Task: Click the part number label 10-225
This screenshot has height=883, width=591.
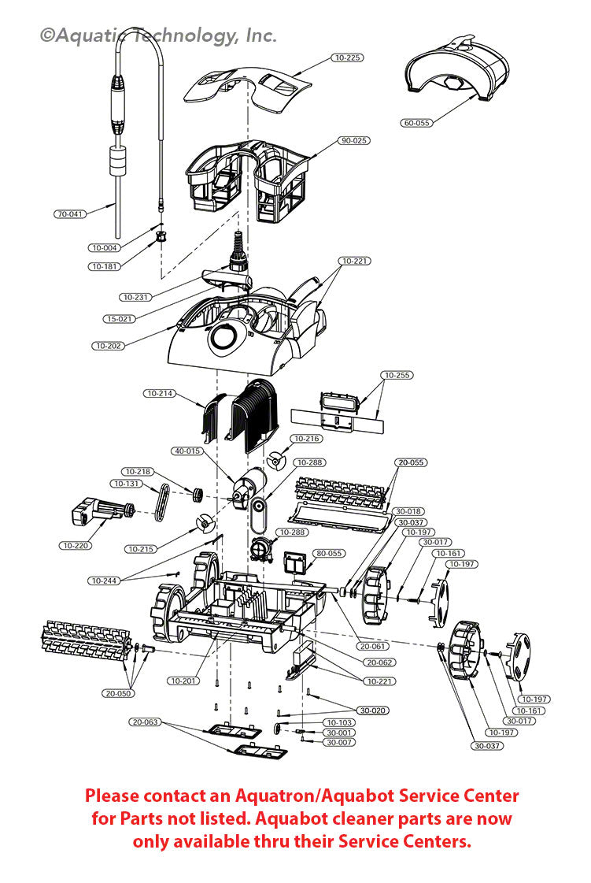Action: coord(348,58)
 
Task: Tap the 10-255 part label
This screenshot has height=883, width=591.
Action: coord(397,375)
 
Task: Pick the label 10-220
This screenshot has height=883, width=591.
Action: coord(75,545)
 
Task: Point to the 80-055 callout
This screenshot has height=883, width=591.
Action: coord(329,553)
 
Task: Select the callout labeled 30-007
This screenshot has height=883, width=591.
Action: coord(340,742)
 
